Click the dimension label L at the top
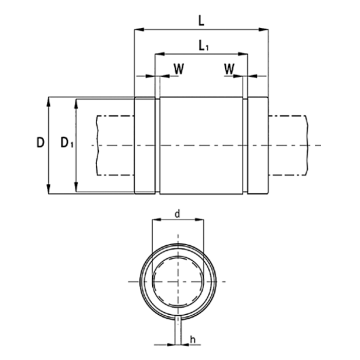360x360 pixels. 202,21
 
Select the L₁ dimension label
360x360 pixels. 204,46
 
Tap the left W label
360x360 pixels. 178,68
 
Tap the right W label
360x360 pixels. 230,68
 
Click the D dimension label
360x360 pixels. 40,143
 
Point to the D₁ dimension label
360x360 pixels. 66,143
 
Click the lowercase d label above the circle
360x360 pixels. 177,214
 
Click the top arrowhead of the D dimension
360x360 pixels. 49,101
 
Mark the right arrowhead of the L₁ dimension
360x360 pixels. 244,53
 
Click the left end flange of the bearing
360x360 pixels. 145,146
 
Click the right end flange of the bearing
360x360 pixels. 258,146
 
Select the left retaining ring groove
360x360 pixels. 158,146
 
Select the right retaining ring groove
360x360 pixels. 245,146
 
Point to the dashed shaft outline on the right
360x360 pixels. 288,146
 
